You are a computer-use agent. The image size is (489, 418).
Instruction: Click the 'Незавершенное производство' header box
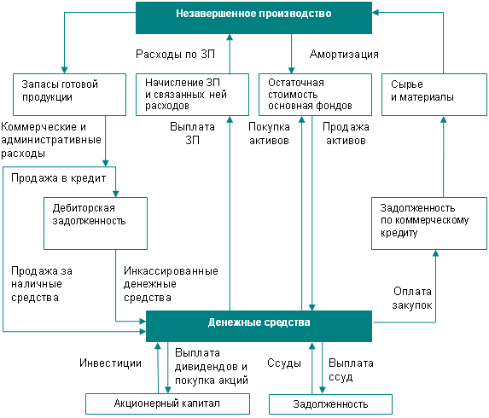click(253, 18)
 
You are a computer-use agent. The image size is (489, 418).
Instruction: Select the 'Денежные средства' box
click(259, 326)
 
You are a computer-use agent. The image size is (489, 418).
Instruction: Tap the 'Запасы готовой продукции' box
click(69, 95)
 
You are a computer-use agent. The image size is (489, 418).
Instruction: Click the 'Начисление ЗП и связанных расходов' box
click(192, 95)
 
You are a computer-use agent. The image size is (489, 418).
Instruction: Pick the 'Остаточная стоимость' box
click(315, 95)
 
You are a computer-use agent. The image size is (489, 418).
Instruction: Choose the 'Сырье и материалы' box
click(434, 95)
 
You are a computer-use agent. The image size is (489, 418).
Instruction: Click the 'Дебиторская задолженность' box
click(96, 224)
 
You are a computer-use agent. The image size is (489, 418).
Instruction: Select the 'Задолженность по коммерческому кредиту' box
click(429, 224)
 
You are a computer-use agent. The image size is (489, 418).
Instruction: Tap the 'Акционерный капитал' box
click(168, 403)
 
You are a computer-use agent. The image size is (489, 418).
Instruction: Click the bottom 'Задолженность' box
click(330, 404)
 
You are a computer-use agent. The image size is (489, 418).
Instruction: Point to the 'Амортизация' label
click(344, 55)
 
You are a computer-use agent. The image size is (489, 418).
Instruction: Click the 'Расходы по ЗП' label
click(176, 55)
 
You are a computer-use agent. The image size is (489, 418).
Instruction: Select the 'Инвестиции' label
click(110, 363)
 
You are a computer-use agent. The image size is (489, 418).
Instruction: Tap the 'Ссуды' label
click(284, 363)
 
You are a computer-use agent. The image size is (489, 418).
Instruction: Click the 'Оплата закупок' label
click(412, 299)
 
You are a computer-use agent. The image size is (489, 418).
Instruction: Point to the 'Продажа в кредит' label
click(59, 178)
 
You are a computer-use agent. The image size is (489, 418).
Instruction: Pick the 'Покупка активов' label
click(269, 133)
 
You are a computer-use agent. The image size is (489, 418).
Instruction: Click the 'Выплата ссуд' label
click(351, 370)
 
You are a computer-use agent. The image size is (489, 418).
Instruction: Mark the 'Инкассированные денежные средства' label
click(171, 284)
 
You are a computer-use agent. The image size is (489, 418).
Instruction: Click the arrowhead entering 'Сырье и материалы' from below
click(444, 119)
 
